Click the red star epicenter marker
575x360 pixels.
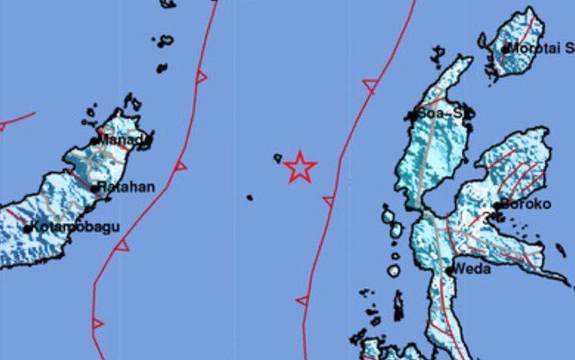[x=300, y=167]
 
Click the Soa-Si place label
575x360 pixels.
[x=442, y=114]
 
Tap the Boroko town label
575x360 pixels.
[x=526, y=204]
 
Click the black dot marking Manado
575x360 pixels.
[x=94, y=140]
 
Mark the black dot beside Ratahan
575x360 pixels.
[x=95, y=187]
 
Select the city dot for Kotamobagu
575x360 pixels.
[x=28, y=229]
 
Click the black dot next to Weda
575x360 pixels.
[x=451, y=270]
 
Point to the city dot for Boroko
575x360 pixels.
[x=500, y=205]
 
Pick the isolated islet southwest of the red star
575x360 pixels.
[x=250, y=197]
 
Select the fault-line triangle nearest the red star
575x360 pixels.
[x=328, y=201]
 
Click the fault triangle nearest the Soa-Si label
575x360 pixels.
[x=370, y=86]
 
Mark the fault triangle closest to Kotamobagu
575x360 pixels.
[x=122, y=244]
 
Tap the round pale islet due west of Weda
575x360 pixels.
[x=394, y=271]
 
